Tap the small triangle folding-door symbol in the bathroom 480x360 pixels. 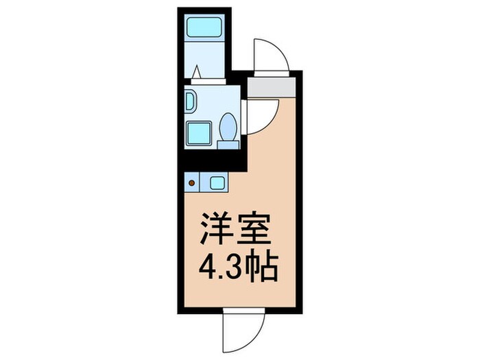(197, 71)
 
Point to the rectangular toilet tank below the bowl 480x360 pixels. (227, 143)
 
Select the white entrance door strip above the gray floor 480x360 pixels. (272, 71)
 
